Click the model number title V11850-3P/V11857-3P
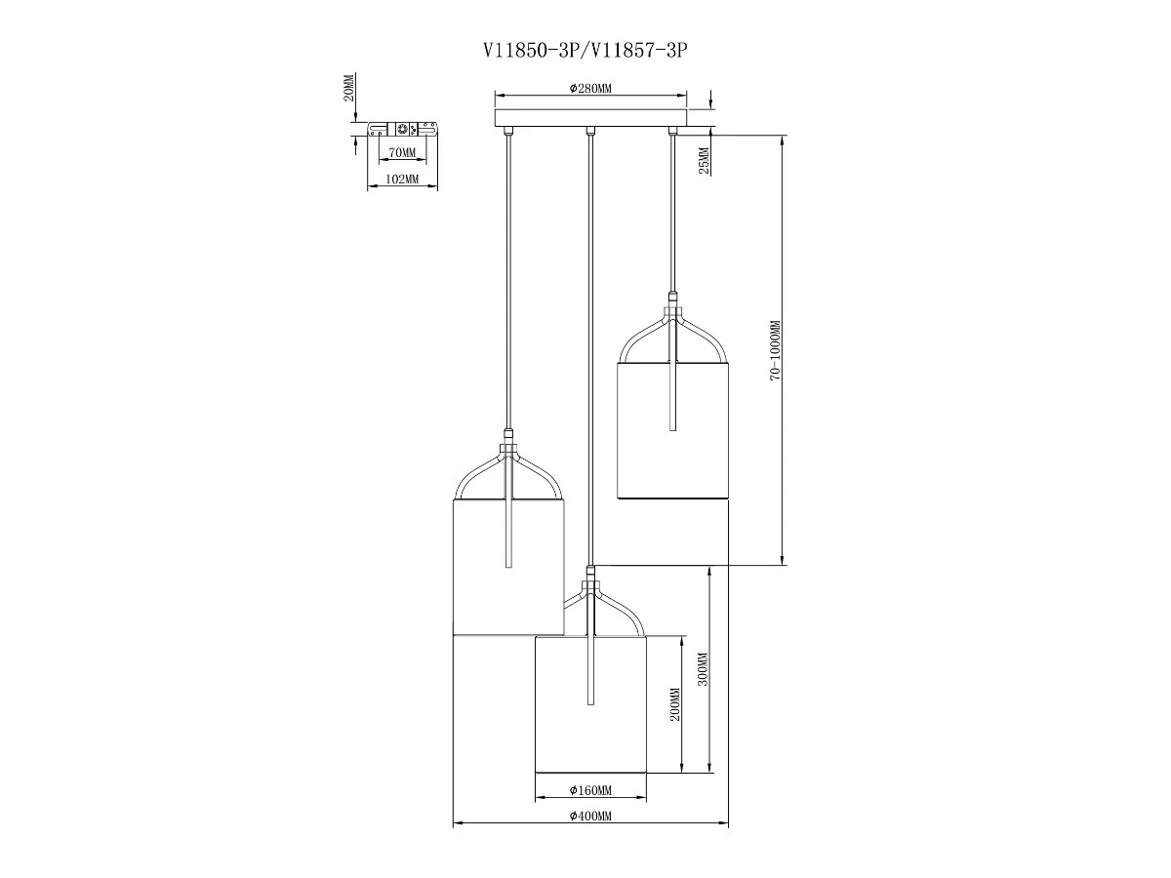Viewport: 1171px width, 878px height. tap(585, 50)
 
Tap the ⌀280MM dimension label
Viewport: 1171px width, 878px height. tap(590, 89)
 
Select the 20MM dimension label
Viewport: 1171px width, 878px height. tap(348, 88)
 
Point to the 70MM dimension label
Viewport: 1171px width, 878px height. tap(402, 152)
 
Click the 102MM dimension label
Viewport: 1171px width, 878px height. tap(402, 180)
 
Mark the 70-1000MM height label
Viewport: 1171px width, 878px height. tap(775, 350)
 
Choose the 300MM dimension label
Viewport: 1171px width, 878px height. tap(704, 669)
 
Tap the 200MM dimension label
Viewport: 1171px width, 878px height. tap(675, 703)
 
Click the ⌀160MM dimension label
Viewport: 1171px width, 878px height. tap(590, 790)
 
